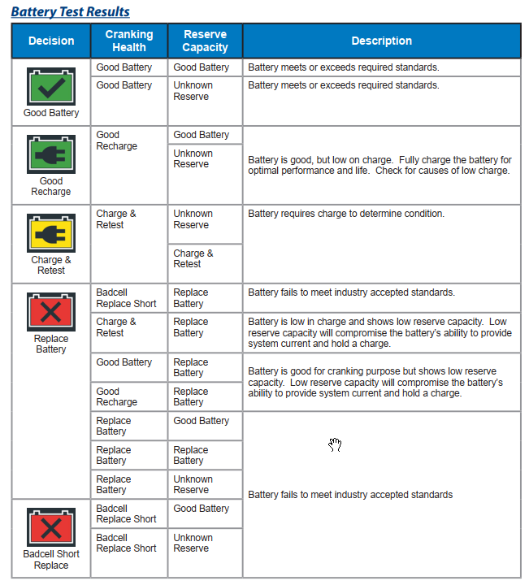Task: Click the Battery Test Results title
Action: click(x=70, y=11)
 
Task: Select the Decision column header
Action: click(x=51, y=41)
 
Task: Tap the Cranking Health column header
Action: click(x=129, y=41)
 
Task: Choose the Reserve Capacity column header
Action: click(x=205, y=41)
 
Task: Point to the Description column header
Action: click(x=381, y=41)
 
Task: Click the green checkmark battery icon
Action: click(x=51, y=85)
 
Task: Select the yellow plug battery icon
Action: click(x=51, y=232)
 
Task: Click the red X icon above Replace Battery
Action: click(x=51, y=311)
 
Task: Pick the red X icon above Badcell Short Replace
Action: click(x=51, y=527)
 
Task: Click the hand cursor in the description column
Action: click(x=335, y=444)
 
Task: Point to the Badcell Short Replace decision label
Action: click(x=51, y=560)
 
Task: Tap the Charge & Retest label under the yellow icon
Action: click(x=51, y=265)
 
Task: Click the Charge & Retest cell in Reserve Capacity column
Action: click(x=193, y=258)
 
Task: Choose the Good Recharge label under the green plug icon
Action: click(x=51, y=186)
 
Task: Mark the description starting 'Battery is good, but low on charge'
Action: click(x=379, y=165)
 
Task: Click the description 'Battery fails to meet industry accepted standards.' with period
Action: click(x=351, y=292)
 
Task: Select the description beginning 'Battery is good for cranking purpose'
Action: click(x=375, y=382)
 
